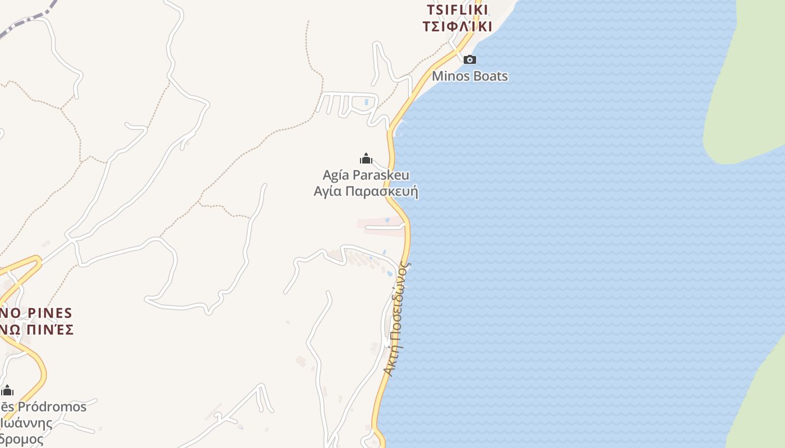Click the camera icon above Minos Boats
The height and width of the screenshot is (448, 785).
point(469,59)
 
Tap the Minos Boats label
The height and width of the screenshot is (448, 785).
point(470,76)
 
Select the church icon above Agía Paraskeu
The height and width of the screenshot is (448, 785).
point(366,159)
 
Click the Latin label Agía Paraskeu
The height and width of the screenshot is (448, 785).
point(366,175)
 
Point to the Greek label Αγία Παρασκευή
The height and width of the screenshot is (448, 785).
point(366,192)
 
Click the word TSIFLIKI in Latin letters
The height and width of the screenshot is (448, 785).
point(458,10)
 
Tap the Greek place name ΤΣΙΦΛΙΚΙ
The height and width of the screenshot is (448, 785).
point(458,26)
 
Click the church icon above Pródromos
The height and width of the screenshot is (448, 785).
point(7,390)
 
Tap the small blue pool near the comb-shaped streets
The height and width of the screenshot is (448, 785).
point(367,102)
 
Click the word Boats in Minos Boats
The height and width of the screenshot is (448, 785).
point(490,76)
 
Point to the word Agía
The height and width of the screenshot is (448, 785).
point(335,175)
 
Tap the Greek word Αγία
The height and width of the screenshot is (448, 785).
point(327,192)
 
